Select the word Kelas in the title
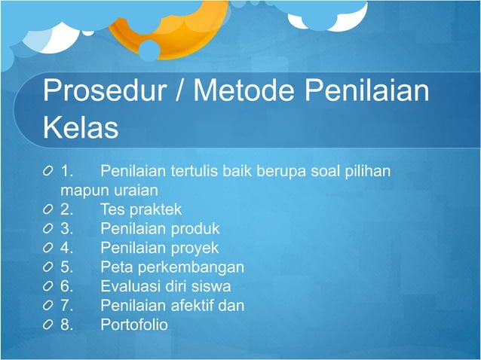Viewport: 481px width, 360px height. click(81, 128)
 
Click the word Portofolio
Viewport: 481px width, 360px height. click(134, 325)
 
